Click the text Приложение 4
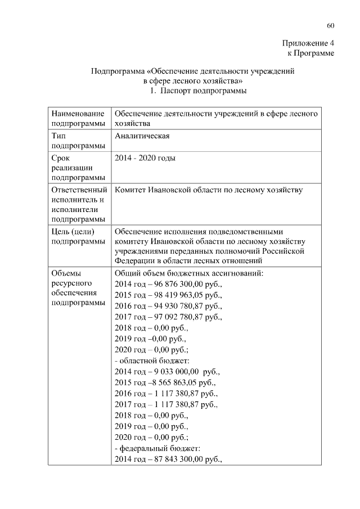(x=308, y=43)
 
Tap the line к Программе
(x=311, y=53)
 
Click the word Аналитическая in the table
(x=142, y=136)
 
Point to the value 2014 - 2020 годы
(x=145, y=158)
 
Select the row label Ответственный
(x=79, y=190)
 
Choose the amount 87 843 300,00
(x=175, y=460)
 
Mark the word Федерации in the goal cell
(x=134, y=261)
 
